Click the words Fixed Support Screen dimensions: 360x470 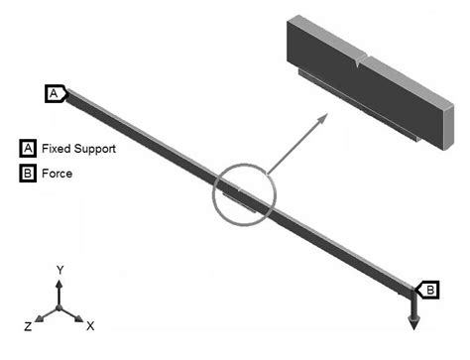(x=78, y=149)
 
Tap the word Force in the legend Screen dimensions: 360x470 (x=57, y=174)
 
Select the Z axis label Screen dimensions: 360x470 (x=28, y=325)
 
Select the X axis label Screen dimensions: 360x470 (x=90, y=325)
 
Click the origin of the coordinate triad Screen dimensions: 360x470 (x=59, y=308)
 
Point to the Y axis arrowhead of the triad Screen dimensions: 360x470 (x=59, y=283)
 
